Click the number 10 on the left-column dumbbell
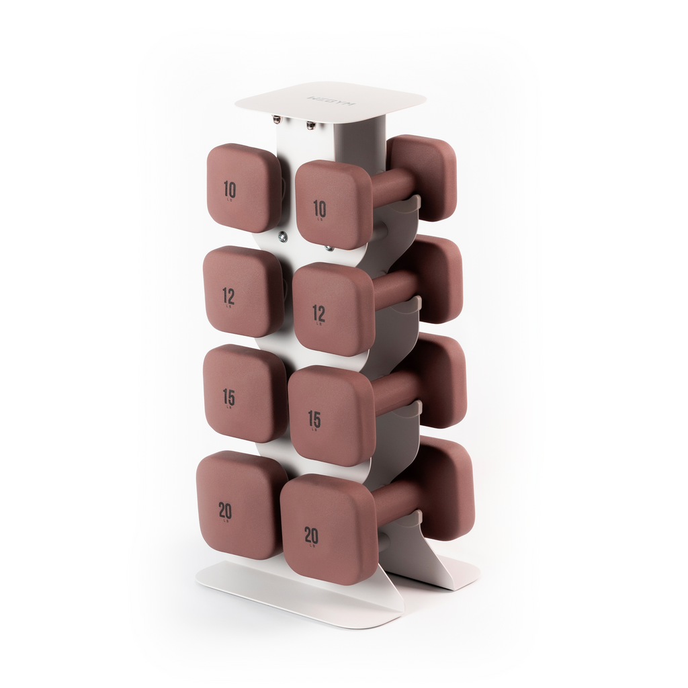coord(230,189)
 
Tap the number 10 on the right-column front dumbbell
coord(320,209)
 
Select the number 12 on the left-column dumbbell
coord(228,295)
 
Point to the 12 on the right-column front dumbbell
coord(318,313)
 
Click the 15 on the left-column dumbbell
coord(228,397)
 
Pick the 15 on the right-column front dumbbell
coord(314,419)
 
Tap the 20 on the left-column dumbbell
coord(225,511)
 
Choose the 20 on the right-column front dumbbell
coord(311,535)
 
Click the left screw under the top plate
coord(276,120)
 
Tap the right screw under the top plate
coord(310,125)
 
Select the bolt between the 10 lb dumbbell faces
coord(282,236)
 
